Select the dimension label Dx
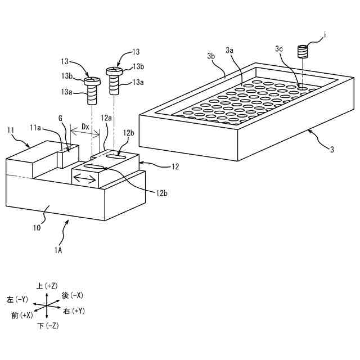(x=85, y=127)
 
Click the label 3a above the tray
(x=230, y=51)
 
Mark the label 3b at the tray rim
(x=211, y=56)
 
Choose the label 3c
(x=279, y=48)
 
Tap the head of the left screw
(x=92, y=83)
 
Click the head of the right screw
(x=114, y=71)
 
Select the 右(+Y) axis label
(x=74, y=310)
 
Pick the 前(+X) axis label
(x=22, y=316)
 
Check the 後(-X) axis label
(x=73, y=295)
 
